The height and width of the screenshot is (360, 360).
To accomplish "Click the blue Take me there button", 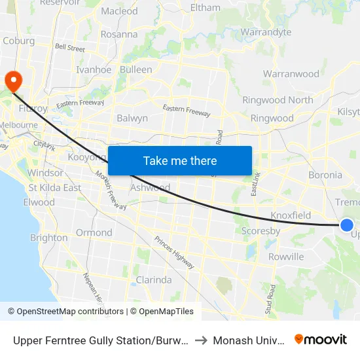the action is coord(180,161).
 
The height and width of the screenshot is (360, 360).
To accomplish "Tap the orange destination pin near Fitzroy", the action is coord(13,81).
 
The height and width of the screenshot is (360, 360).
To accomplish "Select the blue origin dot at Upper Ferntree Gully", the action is coord(347,225).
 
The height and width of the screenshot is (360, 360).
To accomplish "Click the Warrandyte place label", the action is coord(266,32).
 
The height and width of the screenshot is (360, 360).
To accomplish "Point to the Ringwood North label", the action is coord(278,100).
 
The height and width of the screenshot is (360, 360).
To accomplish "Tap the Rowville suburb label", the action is coord(286,257).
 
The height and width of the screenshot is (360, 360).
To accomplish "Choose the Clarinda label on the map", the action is coord(153,279).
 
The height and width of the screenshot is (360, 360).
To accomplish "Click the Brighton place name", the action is coord(48,238).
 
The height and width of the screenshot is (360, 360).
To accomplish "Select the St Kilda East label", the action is coord(55,188).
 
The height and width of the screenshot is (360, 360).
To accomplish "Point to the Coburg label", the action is coord(19,41).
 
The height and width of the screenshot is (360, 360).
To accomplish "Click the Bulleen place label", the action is coord(135,69).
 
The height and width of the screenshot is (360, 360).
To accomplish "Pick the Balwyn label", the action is coord(132,118).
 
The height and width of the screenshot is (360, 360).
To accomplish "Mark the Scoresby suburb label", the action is coord(261,231).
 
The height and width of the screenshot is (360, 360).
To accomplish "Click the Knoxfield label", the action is coord(291,215).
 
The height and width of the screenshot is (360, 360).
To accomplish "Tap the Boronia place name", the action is coord(325,175).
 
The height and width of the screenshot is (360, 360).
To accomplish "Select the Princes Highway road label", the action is coord(174,251).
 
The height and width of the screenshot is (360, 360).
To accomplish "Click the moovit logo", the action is coord(320,339).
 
